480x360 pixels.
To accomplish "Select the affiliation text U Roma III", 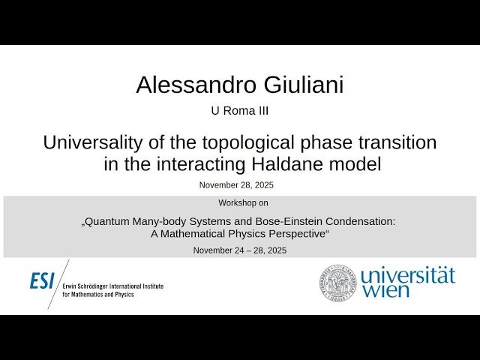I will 239,111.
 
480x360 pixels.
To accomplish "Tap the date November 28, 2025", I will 239,184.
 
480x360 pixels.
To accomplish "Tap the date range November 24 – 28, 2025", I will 239,250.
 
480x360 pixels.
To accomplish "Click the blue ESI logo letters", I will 43,281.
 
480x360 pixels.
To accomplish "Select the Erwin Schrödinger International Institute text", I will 112,286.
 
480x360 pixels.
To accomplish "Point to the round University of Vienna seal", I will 337,282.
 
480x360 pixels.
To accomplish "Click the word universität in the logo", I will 407,274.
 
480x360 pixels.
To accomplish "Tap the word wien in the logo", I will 386,290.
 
